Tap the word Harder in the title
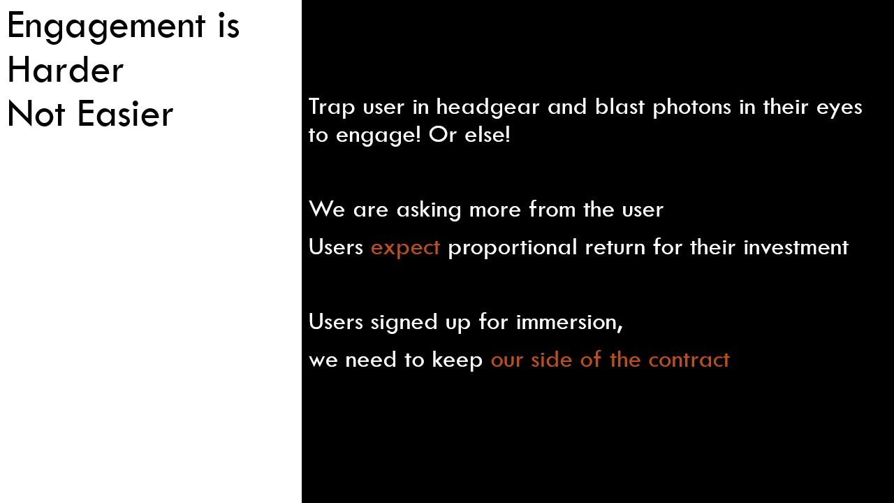click(66, 69)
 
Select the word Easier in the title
click(125, 114)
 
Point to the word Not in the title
click(36, 114)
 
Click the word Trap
click(332, 108)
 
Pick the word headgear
click(488, 108)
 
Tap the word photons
click(691, 108)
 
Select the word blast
click(620, 107)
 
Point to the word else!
click(488, 135)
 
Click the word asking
click(429, 210)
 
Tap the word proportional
click(513, 247)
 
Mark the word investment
click(796, 247)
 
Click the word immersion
click(569, 322)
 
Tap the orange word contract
click(689, 360)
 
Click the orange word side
click(552, 360)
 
